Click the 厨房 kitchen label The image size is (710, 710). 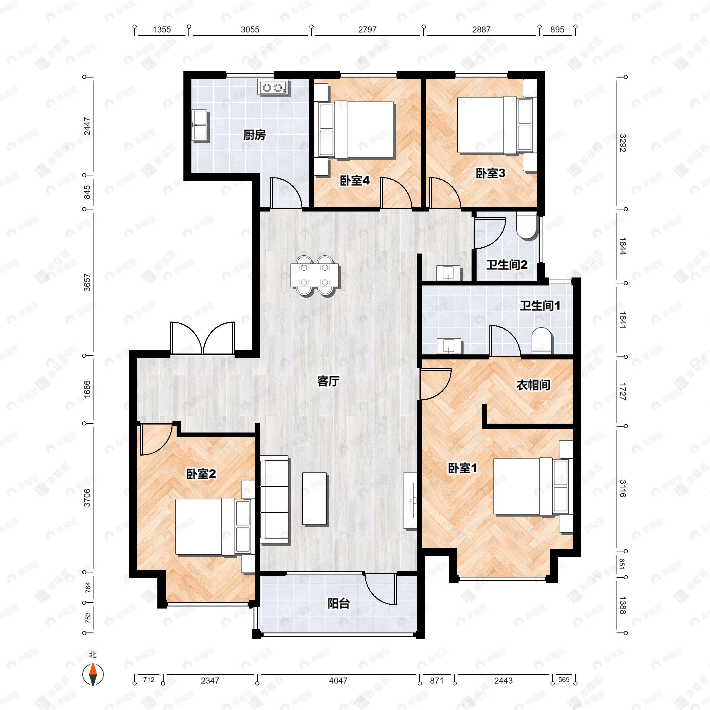pyautogui.click(x=254, y=135)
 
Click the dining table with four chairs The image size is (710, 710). pyautogui.click(x=314, y=275)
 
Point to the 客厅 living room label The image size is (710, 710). pyautogui.click(x=328, y=381)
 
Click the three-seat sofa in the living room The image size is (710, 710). pyautogui.click(x=274, y=500)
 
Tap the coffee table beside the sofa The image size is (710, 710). pyautogui.click(x=314, y=499)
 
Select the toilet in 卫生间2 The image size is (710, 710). pyautogui.click(x=527, y=227)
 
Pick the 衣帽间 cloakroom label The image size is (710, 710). pyautogui.click(x=533, y=385)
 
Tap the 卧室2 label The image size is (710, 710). pyautogui.click(x=201, y=474)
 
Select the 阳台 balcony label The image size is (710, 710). pyautogui.click(x=338, y=603)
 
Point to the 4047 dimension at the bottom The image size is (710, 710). pyautogui.click(x=338, y=681)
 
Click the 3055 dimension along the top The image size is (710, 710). pyautogui.click(x=250, y=29)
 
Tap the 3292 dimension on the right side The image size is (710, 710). pyautogui.click(x=622, y=143)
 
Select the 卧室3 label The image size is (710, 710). pyautogui.click(x=490, y=173)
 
